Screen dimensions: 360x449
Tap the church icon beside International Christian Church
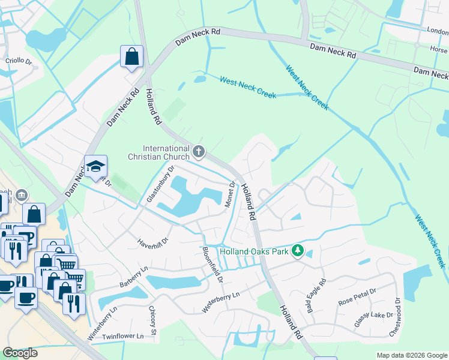click(x=199, y=151)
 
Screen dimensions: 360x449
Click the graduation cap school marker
click(x=95, y=167)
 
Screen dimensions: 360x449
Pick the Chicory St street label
click(x=153, y=320)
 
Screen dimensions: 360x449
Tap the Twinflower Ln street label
click(x=123, y=337)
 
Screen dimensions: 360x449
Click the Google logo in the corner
click(x=20, y=353)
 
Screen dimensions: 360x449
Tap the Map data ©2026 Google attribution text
click(x=412, y=355)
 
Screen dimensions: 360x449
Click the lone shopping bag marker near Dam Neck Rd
click(x=131, y=58)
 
